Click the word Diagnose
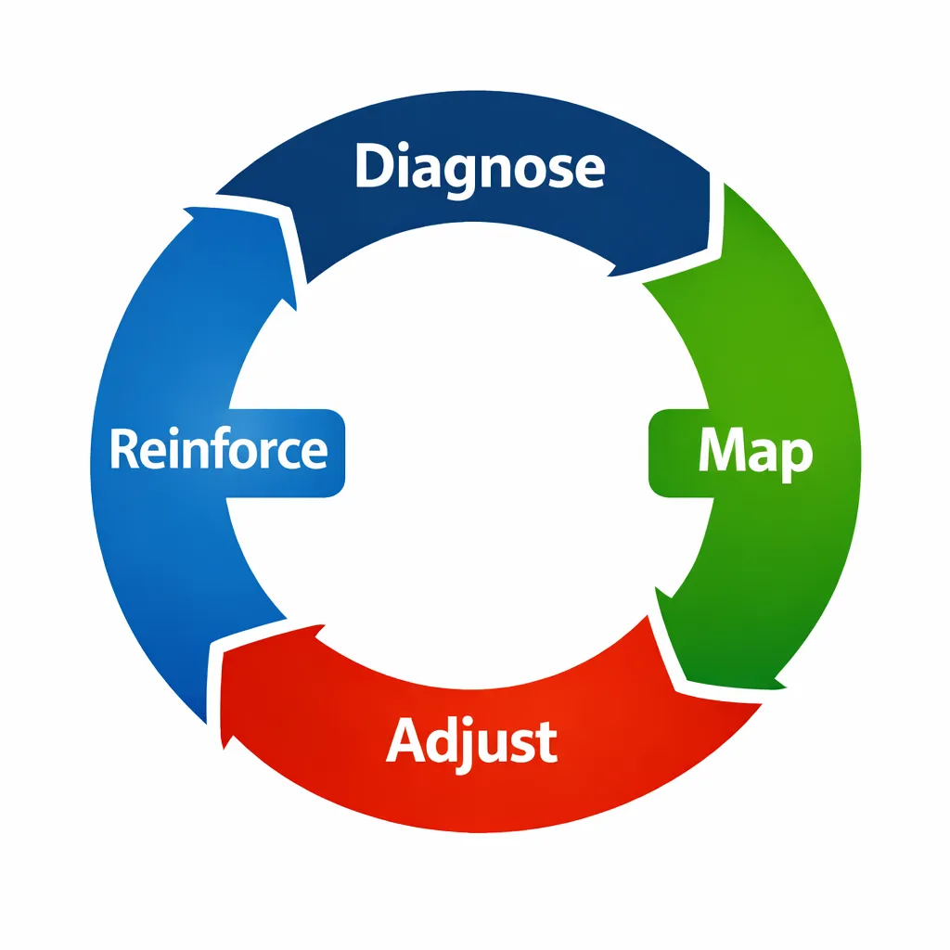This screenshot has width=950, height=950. coord(480,168)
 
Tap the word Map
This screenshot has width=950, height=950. coord(755,452)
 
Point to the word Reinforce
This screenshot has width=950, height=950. coord(219,450)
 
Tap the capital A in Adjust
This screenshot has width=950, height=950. coord(405,741)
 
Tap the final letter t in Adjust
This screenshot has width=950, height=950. coord(548,742)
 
